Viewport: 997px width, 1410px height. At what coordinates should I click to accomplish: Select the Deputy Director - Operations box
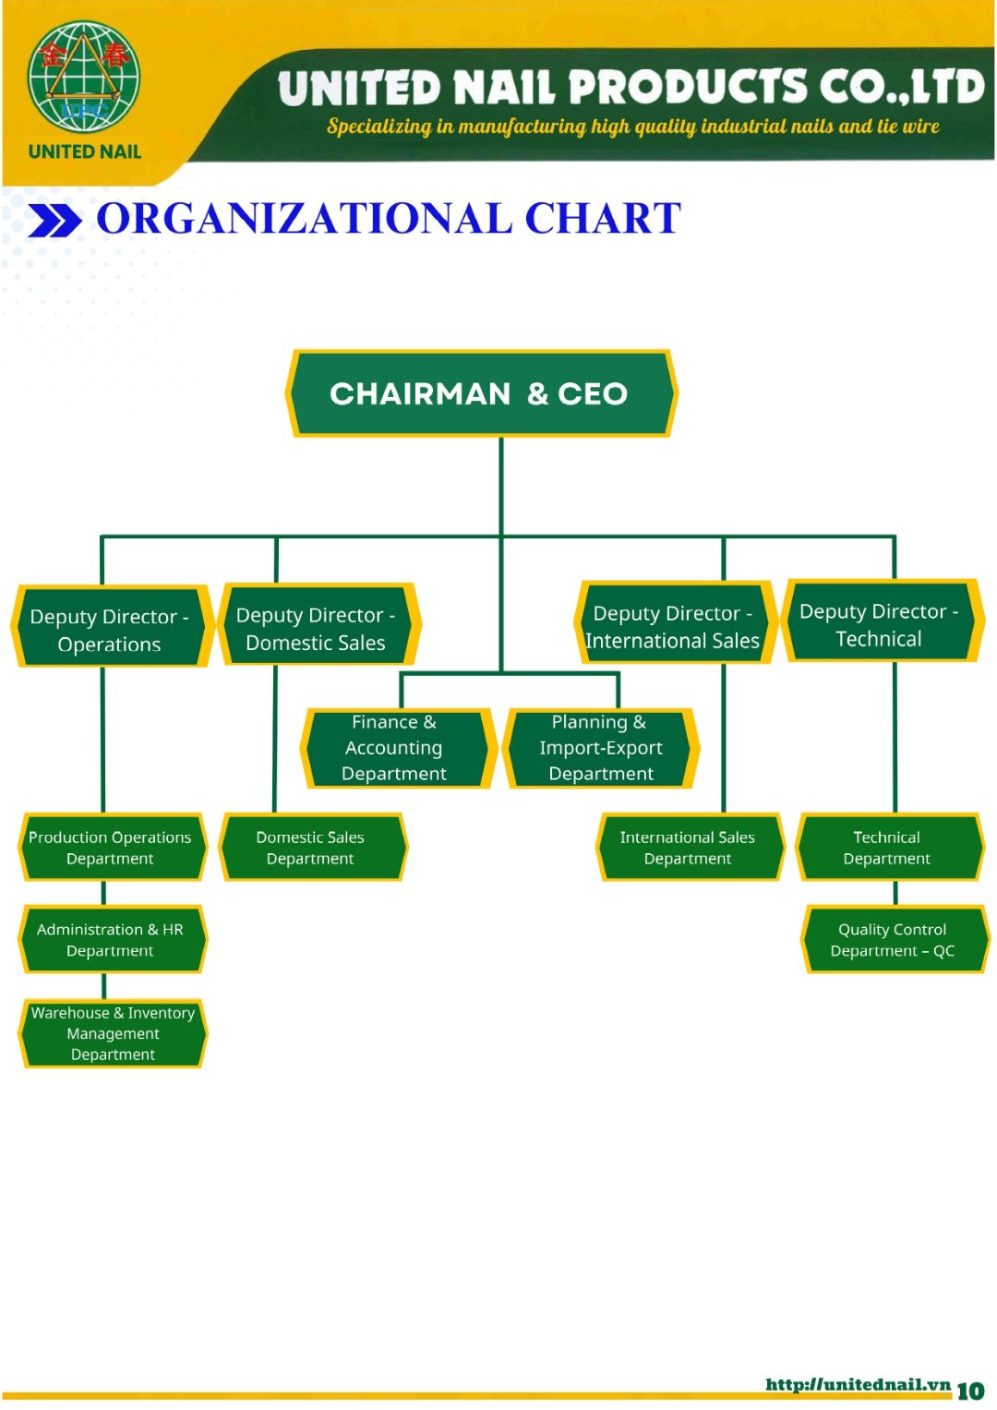click(x=111, y=628)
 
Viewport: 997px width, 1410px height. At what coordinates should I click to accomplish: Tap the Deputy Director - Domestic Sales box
click(x=317, y=627)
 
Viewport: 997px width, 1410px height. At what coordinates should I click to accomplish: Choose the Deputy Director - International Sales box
click(x=674, y=625)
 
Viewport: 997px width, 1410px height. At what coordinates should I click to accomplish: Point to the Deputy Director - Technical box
click(x=880, y=623)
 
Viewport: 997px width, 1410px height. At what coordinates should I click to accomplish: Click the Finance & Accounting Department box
click(x=395, y=748)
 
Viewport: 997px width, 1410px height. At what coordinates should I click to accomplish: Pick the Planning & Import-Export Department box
click(x=601, y=748)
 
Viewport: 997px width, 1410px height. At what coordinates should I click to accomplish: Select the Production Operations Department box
click(x=111, y=848)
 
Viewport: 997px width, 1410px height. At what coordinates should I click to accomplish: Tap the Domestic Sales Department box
click(x=311, y=848)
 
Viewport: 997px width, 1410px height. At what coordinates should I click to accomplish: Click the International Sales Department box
click(x=688, y=848)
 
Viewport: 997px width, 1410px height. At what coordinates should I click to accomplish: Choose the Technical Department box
click(x=887, y=848)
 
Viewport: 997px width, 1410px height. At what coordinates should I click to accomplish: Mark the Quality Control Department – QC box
click(x=893, y=940)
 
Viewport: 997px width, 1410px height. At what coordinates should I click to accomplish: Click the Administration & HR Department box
click(x=111, y=940)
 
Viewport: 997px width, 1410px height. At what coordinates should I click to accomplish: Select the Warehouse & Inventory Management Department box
click(x=113, y=1033)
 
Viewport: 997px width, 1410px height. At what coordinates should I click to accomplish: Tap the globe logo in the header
click(x=84, y=78)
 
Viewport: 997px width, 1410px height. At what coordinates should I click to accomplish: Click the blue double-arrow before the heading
click(x=55, y=222)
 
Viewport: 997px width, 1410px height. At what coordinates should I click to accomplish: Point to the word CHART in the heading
click(x=603, y=220)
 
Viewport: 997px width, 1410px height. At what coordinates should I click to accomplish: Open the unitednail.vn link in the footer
click(x=858, y=1384)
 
